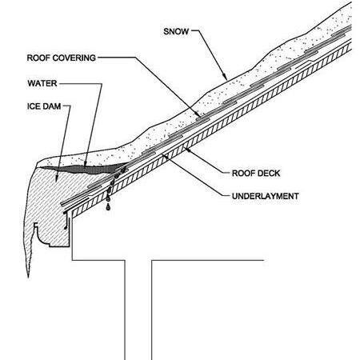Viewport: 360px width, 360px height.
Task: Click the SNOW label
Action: pyautogui.click(x=176, y=31)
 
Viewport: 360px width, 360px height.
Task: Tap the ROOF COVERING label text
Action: pyautogui.click(x=62, y=58)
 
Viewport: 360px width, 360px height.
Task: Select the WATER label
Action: pyautogui.click(x=42, y=83)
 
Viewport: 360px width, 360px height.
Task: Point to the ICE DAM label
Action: pyautogui.click(x=44, y=106)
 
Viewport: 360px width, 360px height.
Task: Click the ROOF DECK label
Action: pyautogui.click(x=256, y=174)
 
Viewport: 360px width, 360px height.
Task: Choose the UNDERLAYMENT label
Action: pyautogui.click(x=266, y=196)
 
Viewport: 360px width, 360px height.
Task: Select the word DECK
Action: pyautogui.click(x=269, y=174)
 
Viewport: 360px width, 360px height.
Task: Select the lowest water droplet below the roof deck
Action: pyautogui.click(x=108, y=206)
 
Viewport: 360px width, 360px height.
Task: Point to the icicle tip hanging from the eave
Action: pyautogui.click(x=28, y=277)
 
